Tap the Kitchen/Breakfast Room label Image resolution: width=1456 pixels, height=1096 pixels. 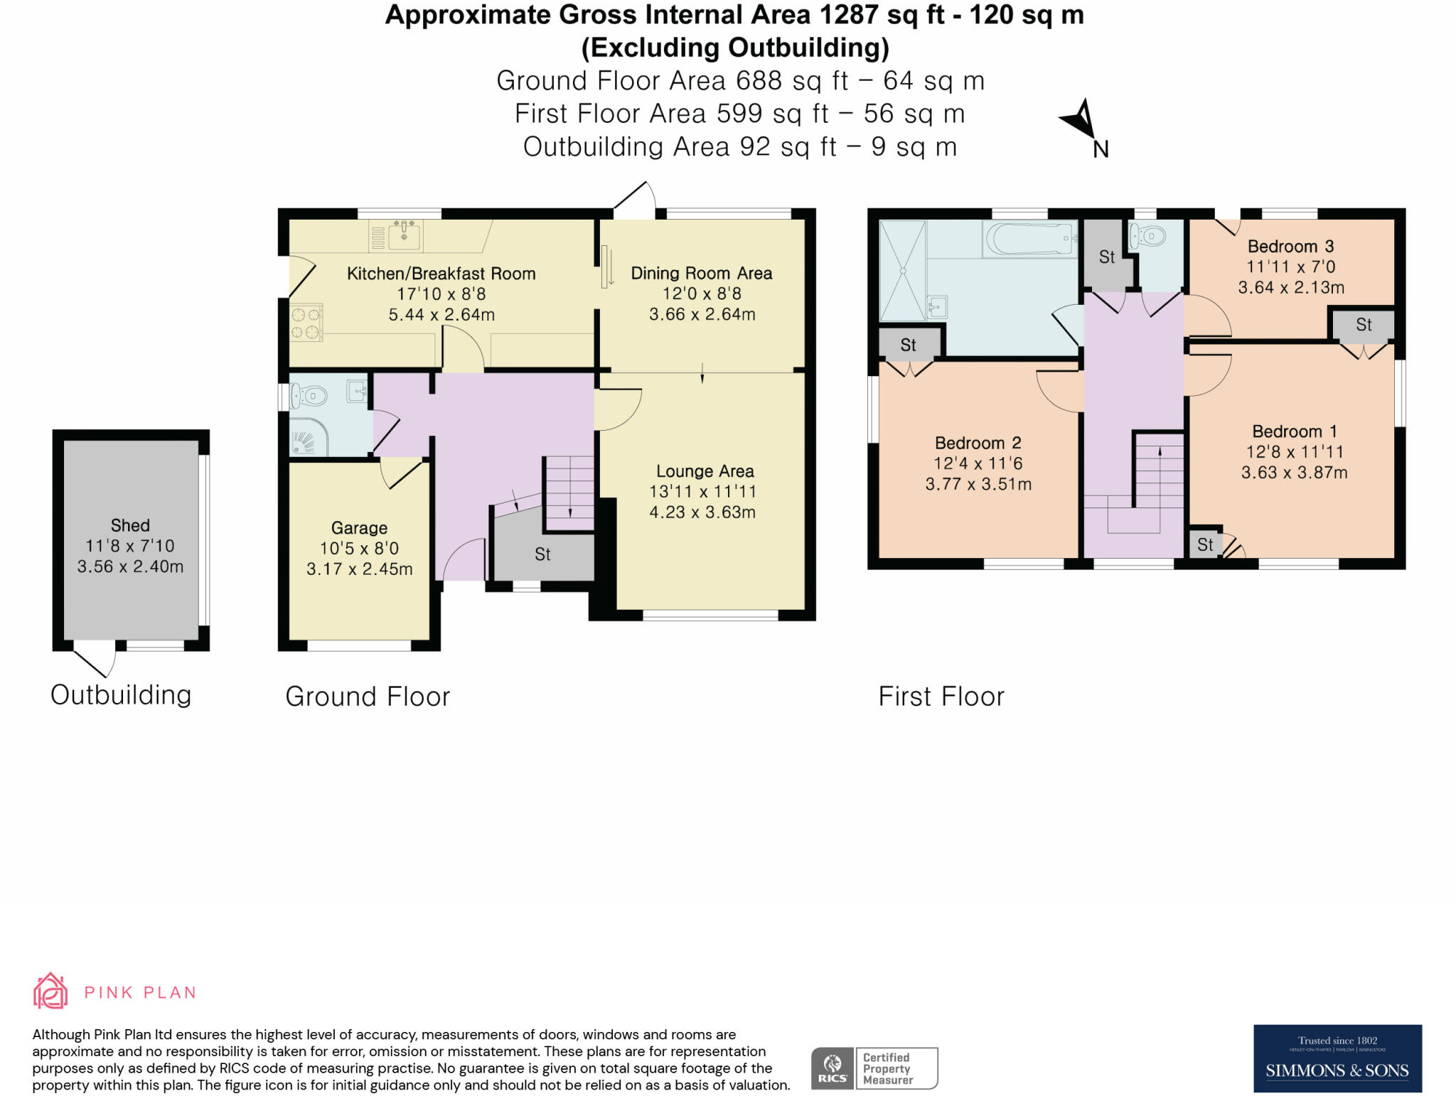(441, 274)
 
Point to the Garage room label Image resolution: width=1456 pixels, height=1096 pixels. (359, 528)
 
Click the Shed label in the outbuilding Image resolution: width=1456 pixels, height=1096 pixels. (130, 525)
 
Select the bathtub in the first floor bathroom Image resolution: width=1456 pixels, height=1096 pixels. (1029, 239)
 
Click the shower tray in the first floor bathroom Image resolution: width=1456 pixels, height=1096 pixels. (903, 270)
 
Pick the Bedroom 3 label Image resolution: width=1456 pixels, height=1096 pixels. (1290, 247)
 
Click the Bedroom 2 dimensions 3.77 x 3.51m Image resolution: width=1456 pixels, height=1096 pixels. (978, 484)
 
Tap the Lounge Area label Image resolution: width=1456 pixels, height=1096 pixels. (705, 471)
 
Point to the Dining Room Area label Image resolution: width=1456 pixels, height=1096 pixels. (701, 274)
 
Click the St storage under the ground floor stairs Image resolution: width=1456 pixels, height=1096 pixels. (542, 554)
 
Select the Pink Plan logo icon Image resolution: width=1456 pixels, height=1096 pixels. (50, 991)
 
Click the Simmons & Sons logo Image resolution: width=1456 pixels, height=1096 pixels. (1337, 1058)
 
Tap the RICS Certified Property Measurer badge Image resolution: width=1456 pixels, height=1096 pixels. (874, 1068)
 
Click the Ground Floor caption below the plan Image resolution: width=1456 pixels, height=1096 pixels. (368, 697)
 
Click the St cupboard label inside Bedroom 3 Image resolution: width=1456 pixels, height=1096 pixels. (1363, 325)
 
